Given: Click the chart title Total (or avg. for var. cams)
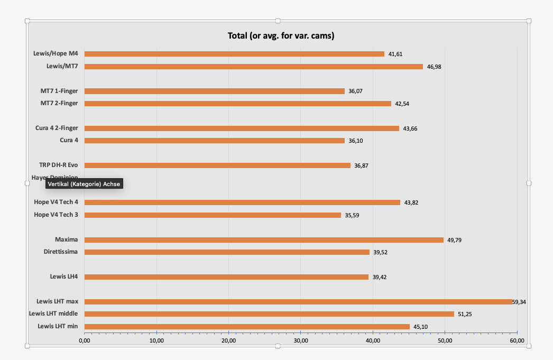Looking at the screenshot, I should click(x=281, y=36).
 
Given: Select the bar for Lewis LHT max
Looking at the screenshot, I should click(x=298, y=302).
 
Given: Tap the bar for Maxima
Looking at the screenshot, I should click(x=264, y=240).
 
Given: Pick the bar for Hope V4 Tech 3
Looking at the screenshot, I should click(x=213, y=215).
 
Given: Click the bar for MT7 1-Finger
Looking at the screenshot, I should click(x=214, y=91).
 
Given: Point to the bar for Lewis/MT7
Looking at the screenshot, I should click(x=253, y=67).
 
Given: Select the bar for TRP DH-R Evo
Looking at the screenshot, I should click(x=217, y=165).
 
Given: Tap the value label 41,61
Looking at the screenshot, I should click(x=395, y=54).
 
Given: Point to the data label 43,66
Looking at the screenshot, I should click(x=410, y=128).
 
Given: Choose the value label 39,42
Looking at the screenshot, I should click(x=380, y=277).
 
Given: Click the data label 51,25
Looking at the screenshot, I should click(x=465, y=314).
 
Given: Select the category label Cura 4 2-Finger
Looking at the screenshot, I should click(x=57, y=128).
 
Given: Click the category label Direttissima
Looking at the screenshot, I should click(x=61, y=252).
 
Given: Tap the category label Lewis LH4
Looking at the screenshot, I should click(x=64, y=276).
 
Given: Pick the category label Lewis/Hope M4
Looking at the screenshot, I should click(x=56, y=53).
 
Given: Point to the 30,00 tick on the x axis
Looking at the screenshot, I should click(x=300, y=341).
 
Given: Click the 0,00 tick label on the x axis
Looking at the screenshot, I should click(x=85, y=341).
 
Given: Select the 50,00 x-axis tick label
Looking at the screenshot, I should click(x=445, y=341).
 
